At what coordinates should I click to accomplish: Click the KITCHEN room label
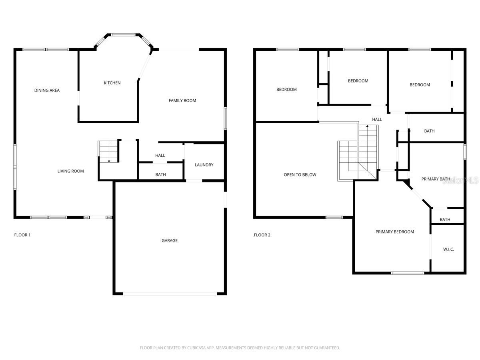[x=112, y=83]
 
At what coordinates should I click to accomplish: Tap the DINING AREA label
[x=47, y=90]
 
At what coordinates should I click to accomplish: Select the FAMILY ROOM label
[x=182, y=100]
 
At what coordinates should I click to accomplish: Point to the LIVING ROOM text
[x=70, y=171]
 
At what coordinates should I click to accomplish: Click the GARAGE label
[x=170, y=240]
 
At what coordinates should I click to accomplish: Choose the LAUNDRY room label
[x=204, y=165]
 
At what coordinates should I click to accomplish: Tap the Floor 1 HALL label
[x=160, y=156]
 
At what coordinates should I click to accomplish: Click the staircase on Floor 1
[x=108, y=152]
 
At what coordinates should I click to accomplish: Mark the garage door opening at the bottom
[x=170, y=294]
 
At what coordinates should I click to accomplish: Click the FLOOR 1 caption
[x=22, y=235]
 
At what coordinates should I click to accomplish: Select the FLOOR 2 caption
[x=262, y=235]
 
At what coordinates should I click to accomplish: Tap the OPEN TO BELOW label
[x=300, y=175]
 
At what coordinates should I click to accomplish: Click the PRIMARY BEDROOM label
[x=394, y=232]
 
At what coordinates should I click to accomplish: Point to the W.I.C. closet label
[x=448, y=249]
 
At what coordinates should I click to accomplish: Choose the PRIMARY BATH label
[x=436, y=179]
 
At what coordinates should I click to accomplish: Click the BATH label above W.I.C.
[x=445, y=220]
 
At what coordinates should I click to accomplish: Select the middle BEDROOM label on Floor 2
[x=358, y=81]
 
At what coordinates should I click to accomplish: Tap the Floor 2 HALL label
[x=377, y=119]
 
